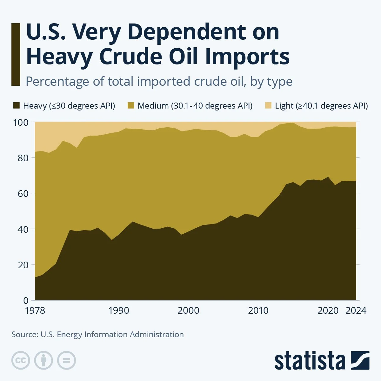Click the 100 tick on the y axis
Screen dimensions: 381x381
pos(22,122)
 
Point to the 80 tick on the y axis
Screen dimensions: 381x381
pos(23,157)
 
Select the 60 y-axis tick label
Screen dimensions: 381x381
pos(23,193)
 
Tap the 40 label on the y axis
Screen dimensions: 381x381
pos(23,229)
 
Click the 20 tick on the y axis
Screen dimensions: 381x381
pos(23,264)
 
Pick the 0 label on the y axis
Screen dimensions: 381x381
pos(26,300)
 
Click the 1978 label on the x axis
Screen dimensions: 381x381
pos(35,310)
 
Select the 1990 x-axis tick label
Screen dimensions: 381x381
pos(119,310)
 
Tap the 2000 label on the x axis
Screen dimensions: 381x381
pos(188,310)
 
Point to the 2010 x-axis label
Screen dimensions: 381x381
pos(258,310)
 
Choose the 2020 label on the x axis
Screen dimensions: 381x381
pos(328,310)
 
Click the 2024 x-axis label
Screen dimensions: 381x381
pos(356,310)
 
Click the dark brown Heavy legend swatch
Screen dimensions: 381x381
pos(16,106)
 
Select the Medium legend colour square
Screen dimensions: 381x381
pos(131,106)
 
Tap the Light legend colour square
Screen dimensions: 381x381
pos(268,106)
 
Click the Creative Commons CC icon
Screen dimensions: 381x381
pos(21,360)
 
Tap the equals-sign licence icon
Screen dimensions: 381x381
pos(67,360)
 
